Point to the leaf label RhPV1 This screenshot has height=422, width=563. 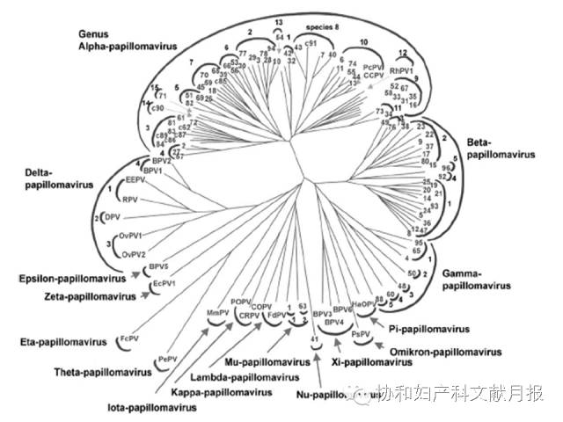[401, 69]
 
